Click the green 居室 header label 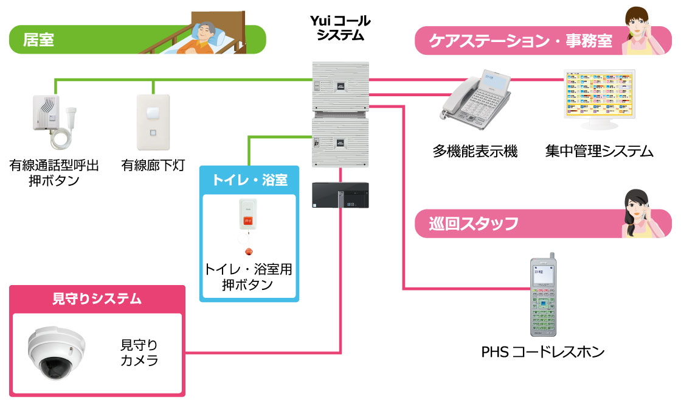click(x=39, y=40)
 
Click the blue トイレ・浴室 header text click(x=249, y=180)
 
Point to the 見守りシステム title click(x=97, y=298)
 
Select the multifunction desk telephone click(x=477, y=97)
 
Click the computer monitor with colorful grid click(x=600, y=97)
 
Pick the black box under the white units click(x=340, y=196)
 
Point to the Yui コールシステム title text click(x=340, y=28)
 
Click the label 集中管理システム click(x=599, y=151)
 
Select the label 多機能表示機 click(x=475, y=151)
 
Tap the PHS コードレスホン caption click(x=543, y=351)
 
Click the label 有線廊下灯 click(x=153, y=165)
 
